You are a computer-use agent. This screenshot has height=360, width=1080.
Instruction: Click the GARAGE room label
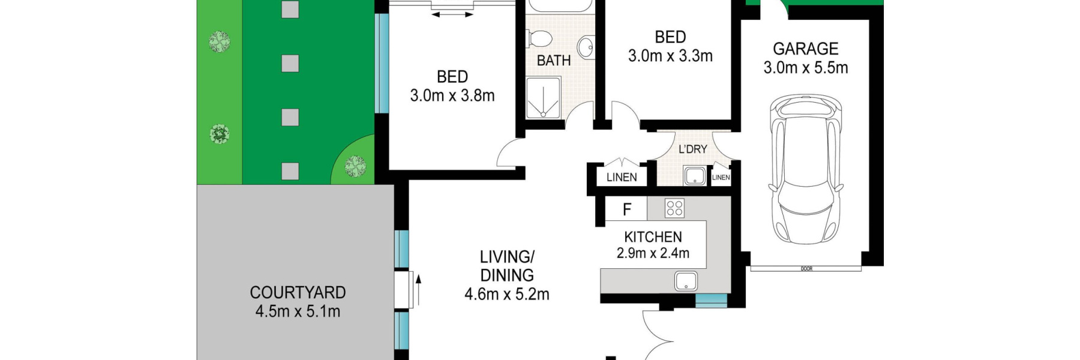(x=805, y=49)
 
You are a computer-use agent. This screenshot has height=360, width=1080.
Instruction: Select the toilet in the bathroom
(x=539, y=39)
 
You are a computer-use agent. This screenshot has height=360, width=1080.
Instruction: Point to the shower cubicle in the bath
(x=543, y=97)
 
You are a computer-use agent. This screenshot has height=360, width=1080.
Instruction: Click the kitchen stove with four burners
(x=674, y=208)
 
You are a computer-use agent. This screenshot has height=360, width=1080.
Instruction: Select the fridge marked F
(x=626, y=209)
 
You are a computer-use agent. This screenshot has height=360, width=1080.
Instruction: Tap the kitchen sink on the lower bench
(x=686, y=281)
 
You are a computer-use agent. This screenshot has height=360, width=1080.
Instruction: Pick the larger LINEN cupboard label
(x=622, y=177)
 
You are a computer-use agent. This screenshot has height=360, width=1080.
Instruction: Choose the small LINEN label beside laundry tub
(x=721, y=178)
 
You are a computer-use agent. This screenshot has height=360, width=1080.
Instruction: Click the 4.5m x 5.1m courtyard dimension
(x=298, y=311)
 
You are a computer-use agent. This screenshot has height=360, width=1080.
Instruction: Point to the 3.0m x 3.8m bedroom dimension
(x=452, y=95)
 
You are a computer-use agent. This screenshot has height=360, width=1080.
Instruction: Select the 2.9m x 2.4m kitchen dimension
(x=653, y=253)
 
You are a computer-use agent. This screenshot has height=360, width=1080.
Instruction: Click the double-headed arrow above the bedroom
(x=452, y=14)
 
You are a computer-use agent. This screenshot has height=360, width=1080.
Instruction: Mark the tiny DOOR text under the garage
(x=806, y=269)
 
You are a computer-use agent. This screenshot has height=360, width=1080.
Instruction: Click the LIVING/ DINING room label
(x=507, y=266)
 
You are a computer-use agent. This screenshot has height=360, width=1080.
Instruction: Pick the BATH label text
(x=553, y=61)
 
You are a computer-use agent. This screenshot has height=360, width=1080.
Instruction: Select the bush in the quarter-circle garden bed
(x=356, y=165)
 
